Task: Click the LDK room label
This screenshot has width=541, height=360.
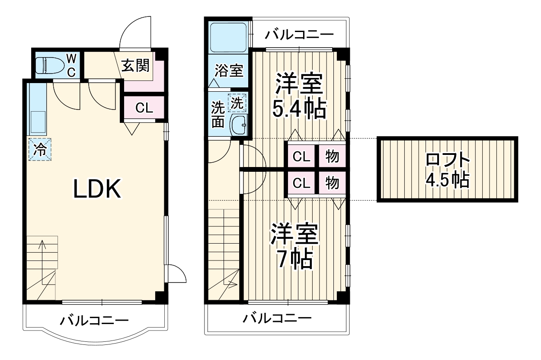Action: pyautogui.click(x=97, y=189)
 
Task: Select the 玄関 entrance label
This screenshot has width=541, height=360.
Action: pyautogui.click(x=135, y=66)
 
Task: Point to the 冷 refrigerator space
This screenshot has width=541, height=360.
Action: pyautogui.click(x=40, y=150)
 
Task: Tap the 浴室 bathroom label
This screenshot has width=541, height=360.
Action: pyautogui.click(x=229, y=71)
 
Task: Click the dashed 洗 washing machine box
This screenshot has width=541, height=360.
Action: pyautogui.click(x=238, y=103)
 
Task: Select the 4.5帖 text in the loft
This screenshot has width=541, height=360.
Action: pyautogui.click(x=448, y=180)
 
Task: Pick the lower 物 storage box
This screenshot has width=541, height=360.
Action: pyautogui.click(x=332, y=183)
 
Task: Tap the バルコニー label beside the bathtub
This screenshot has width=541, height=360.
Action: pyautogui.click(x=299, y=34)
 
